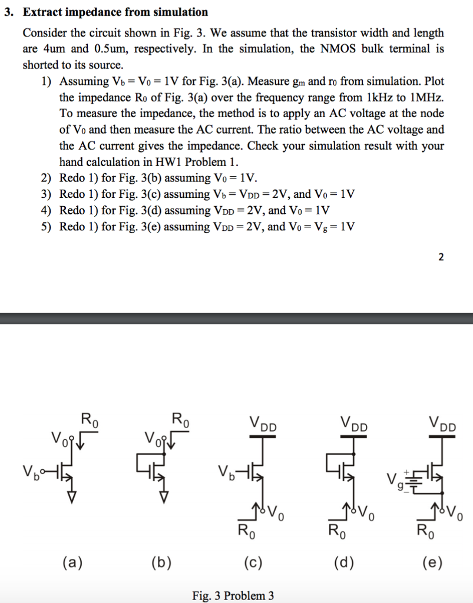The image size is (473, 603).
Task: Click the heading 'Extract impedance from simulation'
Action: pyautogui.click(x=115, y=12)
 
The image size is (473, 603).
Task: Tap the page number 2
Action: pyautogui.click(x=441, y=256)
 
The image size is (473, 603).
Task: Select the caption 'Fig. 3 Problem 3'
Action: pyautogui.click(x=233, y=595)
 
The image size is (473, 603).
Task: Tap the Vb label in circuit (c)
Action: pyautogui.click(x=226, y=472)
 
